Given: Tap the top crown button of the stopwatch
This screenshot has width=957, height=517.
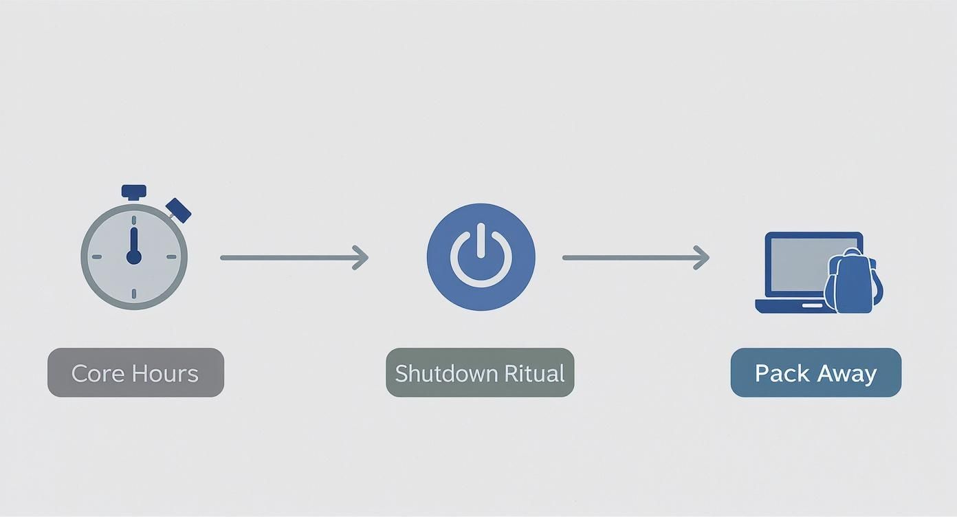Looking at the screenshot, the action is point(134,192).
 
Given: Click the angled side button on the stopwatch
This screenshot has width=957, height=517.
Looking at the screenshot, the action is point(179,210).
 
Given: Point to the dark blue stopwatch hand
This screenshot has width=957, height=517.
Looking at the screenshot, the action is point(134,245).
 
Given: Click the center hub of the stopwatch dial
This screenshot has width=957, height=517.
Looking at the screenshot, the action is point(134,257).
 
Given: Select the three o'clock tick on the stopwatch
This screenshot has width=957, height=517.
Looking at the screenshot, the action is point(171,257).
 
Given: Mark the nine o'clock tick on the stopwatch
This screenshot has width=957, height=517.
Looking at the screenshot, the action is point(97,257).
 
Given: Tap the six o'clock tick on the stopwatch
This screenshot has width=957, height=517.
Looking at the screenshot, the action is point(134,294).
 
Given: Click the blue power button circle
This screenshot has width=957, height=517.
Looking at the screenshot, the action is point(481,257).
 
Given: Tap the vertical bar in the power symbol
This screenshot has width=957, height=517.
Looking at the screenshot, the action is point(481,241).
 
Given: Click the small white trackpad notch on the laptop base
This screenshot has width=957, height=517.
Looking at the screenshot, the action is point(812,305).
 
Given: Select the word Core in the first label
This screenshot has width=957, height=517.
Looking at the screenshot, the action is point(98,373).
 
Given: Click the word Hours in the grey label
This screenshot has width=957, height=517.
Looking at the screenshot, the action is point(165,373).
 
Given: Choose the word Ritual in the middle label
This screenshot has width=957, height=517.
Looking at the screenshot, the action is point(535,373).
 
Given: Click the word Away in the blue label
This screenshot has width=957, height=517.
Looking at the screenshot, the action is point(848,374).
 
